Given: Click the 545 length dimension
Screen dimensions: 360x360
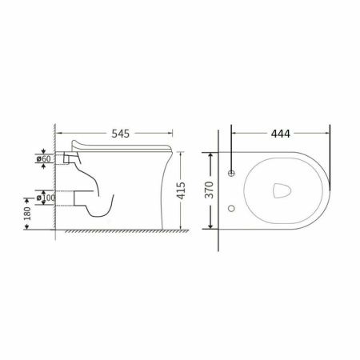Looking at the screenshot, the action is [121, 134].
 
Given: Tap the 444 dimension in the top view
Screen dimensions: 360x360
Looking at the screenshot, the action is [281, 134].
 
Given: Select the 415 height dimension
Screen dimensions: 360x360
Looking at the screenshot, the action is [181, 190].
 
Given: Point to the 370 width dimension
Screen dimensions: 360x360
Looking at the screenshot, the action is [210, 190].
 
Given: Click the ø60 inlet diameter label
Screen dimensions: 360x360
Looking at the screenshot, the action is [43, 158].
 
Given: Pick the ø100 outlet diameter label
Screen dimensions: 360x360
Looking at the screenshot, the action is [46, 198].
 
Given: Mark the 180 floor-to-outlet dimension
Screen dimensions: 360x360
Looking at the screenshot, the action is [27, 214].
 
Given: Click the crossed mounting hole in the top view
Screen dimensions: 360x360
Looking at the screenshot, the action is [231, 173].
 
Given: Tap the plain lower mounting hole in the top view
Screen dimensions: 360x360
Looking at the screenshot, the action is [231, 208].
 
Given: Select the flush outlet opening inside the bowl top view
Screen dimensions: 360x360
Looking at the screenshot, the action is [282, 190].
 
